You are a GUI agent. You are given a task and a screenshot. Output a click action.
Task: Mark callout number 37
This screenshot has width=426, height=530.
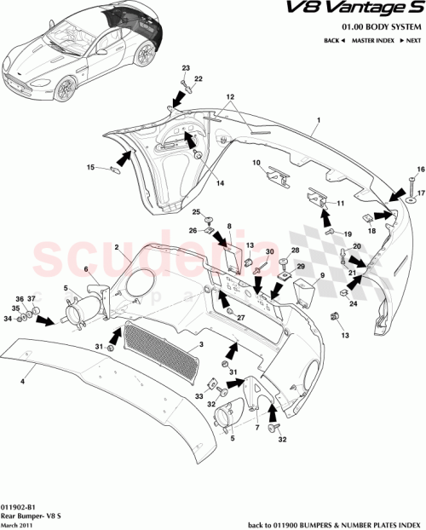coord(33,298)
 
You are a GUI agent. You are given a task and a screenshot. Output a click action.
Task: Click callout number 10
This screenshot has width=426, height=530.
coord(256,162)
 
